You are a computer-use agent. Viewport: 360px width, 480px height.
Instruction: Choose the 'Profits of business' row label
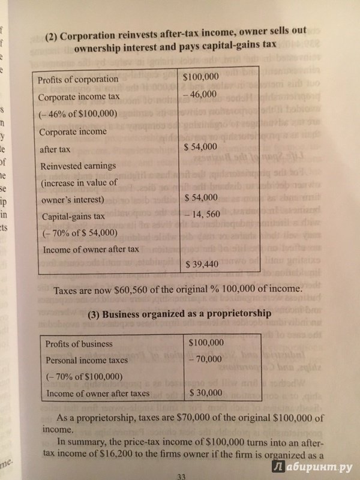click(x=83, y=344)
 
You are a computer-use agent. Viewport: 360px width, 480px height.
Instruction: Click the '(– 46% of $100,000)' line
click(x=77, y=114)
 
